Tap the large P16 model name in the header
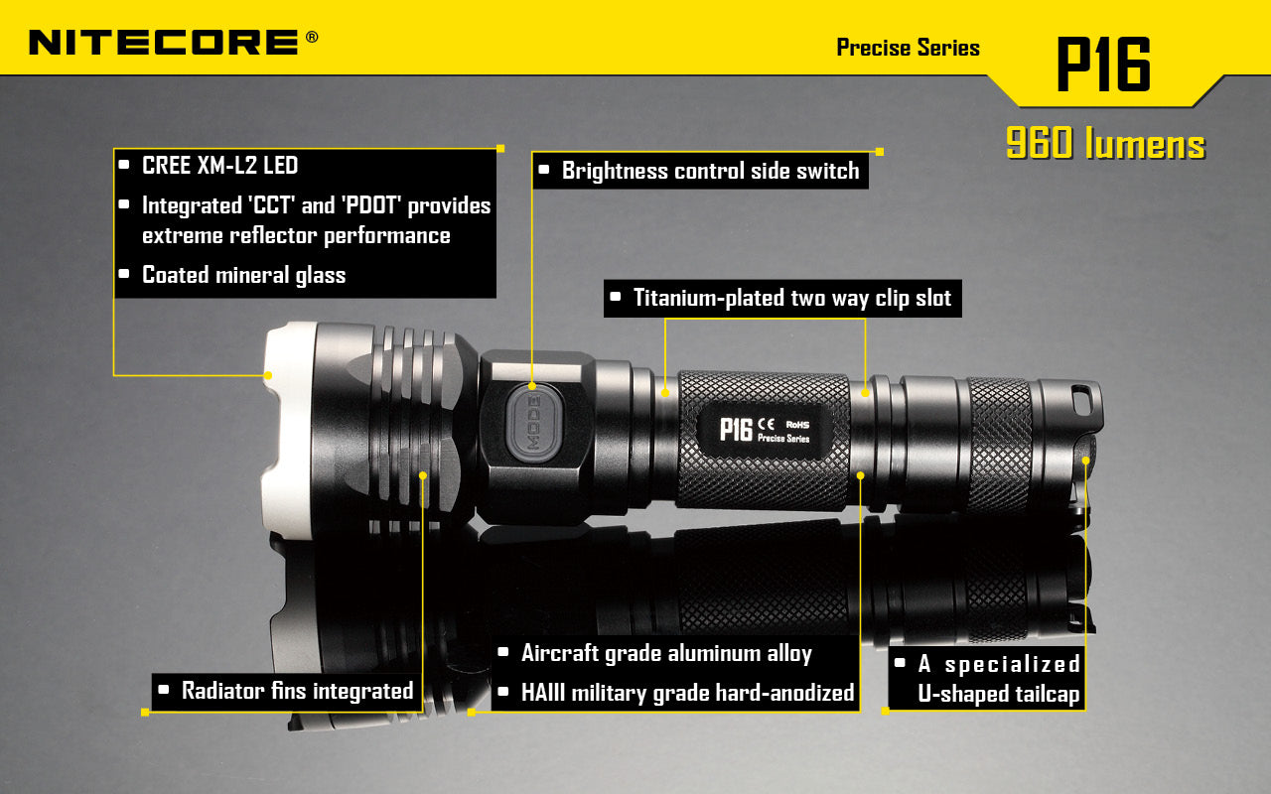coord(1102,66)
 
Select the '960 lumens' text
coord(1105,145)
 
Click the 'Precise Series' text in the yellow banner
coord(908,48)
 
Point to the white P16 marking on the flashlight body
coord(736,429)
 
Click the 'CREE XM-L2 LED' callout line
coord(219,166)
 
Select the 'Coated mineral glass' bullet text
coord(243,275)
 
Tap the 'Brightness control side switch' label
coord(710,171)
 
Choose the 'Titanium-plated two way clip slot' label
coord(791,298)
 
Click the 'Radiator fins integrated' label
coord(297,691)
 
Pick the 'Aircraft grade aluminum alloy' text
coord(666,654)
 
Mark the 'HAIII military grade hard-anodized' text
coord(687,693)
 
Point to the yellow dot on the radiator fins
coord(423,475)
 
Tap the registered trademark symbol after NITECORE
coord(312,37)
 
